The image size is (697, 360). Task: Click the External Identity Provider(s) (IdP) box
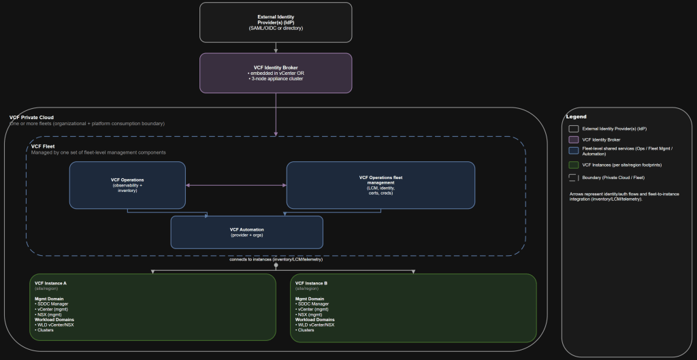(x=276, y=22)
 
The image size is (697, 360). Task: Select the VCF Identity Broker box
(x=276, y=72)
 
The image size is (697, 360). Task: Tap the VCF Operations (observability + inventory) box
(x=127, y=184)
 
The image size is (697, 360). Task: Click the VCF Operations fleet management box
(x=380, y=184)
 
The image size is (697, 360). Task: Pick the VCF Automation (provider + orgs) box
(x=246, y=232)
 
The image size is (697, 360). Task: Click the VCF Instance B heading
(x=312, y=282)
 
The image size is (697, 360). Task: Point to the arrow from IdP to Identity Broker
(x=276, y=48)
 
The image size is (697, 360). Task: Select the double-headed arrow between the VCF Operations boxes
(x=236, y=185)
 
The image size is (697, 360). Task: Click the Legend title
(x=577, y=116)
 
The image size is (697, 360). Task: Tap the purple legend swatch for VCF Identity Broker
(x=574, y=140)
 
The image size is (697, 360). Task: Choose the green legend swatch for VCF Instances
(x=574, y=164)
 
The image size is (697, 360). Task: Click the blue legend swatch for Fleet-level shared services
(x=574, y=150)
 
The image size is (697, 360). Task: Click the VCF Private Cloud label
(x=31, y=117)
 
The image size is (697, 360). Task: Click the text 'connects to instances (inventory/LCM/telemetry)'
(x=276, y=259)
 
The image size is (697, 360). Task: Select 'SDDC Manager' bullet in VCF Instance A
(x=53, y=304)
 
